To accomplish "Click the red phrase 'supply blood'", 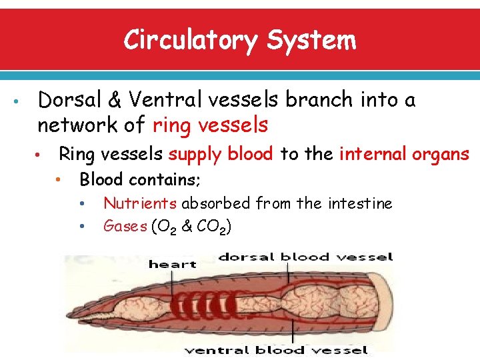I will [221, 155].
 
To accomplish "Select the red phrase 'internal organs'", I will [404, 155].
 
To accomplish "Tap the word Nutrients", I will [140, 203].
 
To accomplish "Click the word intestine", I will [359, 203].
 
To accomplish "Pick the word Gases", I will [125, 227].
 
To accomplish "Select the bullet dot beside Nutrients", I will [81, 204].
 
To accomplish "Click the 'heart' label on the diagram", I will [172, 264].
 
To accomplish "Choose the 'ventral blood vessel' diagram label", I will [277, 349].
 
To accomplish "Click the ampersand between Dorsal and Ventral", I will [115, 101].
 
